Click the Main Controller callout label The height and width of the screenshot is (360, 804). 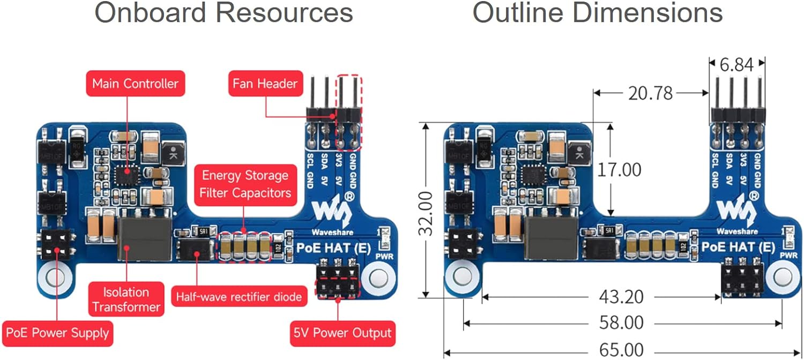pos(135,84)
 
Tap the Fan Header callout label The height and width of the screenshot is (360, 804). pos(265,84)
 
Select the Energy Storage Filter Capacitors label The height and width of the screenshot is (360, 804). pos(245,184)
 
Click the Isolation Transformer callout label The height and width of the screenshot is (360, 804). pos(126,299)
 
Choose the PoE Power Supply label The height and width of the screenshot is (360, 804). pos(57,333)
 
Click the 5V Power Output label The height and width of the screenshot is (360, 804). pos(343,333)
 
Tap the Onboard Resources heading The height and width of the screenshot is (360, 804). pos(224,13)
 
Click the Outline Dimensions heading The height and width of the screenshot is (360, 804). pos(597,13)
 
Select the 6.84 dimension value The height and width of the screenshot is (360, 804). pos(737,65)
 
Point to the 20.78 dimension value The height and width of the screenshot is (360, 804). pos(650,94)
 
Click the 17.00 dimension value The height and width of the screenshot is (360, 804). pos(619,170)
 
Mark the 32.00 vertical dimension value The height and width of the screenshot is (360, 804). pos(426,213)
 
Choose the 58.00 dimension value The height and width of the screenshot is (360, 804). pos(621,323)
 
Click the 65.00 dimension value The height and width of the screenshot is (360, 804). pos(621,350)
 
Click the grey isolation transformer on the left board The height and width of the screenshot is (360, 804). pos(144,239)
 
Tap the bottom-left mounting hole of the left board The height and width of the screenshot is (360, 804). pos(55,277)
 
